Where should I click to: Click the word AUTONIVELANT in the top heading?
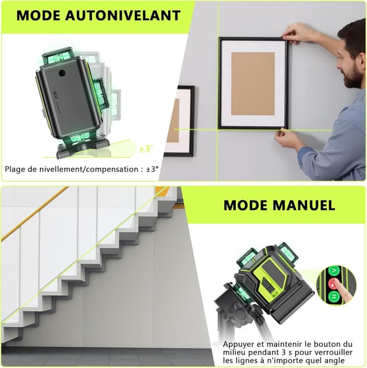(x=123, y=15)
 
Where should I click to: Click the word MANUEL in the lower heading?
(x=304, y=205)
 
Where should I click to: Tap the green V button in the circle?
(x=334, y=271)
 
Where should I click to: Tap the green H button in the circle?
(x=334, y=297)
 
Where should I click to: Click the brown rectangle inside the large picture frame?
(x=253, y=84)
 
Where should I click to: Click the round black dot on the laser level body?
(x=62, y=73)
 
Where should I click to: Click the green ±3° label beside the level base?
(x=146, y=148)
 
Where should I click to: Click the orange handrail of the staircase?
(x=35, y=214)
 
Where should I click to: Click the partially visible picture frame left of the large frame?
(x=179, y=121)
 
